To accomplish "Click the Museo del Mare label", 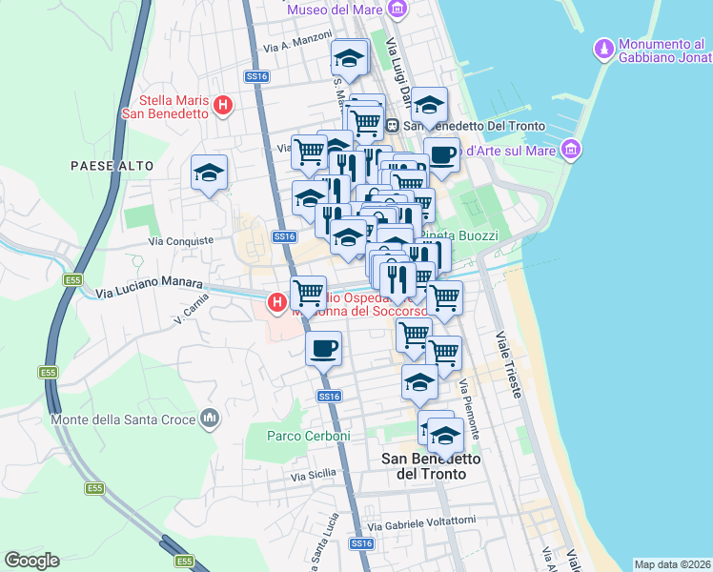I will click(x=335, y=10).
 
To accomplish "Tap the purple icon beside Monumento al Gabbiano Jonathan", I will click(x=603, y=49).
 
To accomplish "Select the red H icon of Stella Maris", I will click(x=223, y=105).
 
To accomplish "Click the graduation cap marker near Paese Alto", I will click(x=209, y=173).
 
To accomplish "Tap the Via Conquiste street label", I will click(x=181, y=241).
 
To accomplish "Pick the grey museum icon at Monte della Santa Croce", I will click(x=211, y=419).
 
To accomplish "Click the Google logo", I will click(x=31, y=561).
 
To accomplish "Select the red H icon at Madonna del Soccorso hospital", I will click(x=276, y=303).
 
